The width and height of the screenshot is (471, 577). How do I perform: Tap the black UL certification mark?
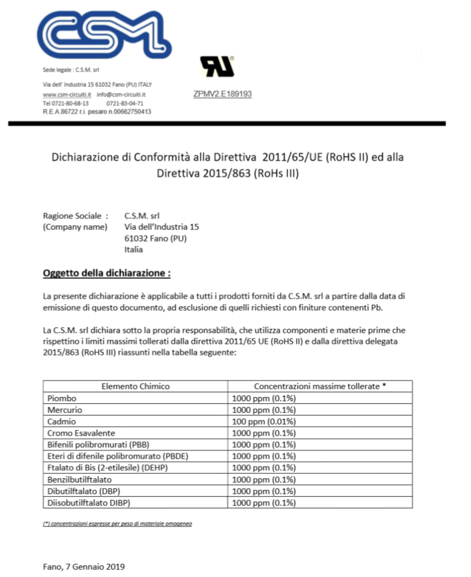pos(217,67)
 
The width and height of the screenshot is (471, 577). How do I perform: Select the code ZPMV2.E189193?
pos(223,94)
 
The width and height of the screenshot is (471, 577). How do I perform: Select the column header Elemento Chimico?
pos(135,386)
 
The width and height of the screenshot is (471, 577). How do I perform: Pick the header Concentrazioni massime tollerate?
pos(319,386)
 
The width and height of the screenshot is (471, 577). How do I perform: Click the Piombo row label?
pos(62,398)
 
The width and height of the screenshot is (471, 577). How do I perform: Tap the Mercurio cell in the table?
pos(65,410)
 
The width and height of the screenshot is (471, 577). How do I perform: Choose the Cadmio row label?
pos(61,421)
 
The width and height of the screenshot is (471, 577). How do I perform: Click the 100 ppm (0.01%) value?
pos(264,421)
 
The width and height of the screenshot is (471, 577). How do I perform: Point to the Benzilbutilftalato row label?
pos(80,479)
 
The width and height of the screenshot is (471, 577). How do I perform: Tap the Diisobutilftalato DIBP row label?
pos(89,503)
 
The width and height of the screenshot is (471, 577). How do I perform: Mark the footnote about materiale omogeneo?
pos(117,524)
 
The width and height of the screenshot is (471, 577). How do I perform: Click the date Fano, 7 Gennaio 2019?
pos(83,567)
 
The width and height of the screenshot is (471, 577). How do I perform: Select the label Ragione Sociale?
pos(75,215)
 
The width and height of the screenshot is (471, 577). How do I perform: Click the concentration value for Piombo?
pos(264,398)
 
